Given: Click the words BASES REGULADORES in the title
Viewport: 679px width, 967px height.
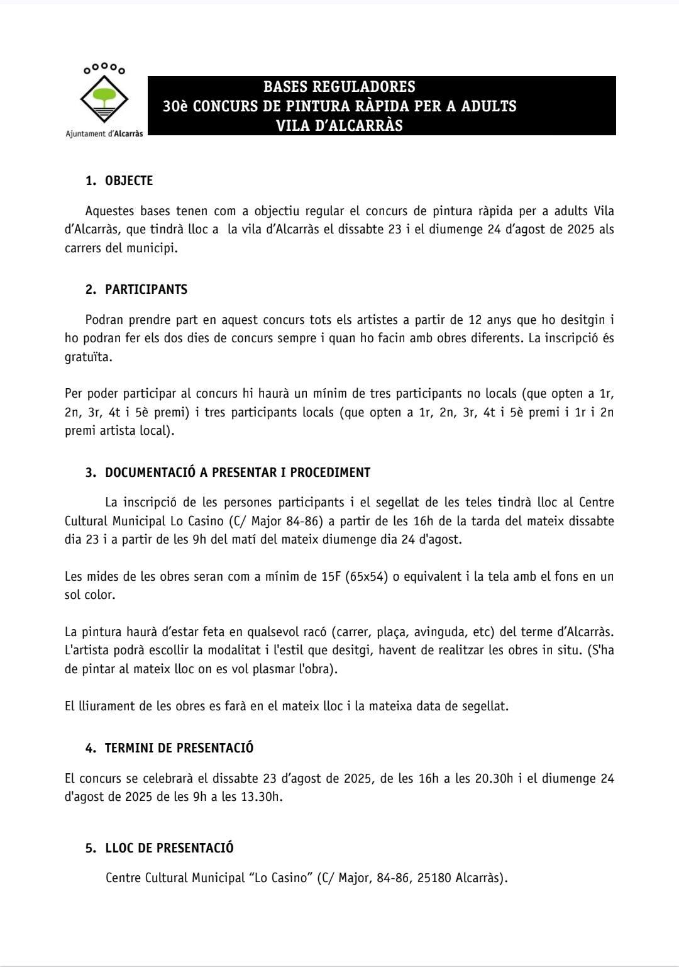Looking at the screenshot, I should pos(339,87).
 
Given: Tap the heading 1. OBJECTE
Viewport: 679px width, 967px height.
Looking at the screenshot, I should pos(119,181).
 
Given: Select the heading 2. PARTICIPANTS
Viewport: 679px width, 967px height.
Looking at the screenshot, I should pos(136,290).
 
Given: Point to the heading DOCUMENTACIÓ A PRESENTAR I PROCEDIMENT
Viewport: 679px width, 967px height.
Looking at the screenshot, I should pos(238,472).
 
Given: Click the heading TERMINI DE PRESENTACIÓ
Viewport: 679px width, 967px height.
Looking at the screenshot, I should pos(179,748).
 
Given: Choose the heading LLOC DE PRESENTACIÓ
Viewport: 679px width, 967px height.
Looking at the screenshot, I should pos(169,848).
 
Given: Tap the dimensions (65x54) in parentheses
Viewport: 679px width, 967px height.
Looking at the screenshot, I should pos(365,577).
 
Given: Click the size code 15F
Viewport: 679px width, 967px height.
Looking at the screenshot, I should pos(331,577).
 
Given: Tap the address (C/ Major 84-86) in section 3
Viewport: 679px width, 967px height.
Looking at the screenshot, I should pos(275,522).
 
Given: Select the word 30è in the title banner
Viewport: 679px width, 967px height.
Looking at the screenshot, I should pos(175,106).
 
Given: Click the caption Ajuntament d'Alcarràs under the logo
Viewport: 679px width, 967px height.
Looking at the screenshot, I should pos(104,133).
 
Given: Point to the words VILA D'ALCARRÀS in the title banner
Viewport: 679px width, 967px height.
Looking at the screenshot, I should pos(339,126).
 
